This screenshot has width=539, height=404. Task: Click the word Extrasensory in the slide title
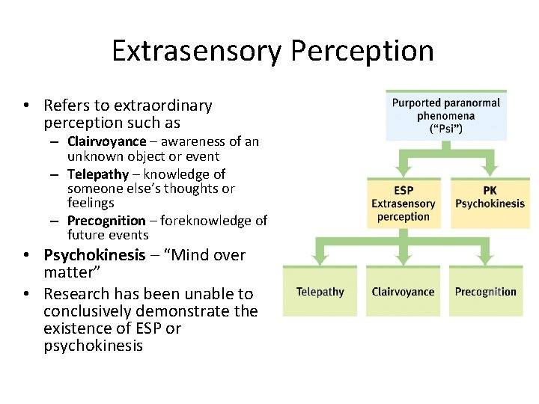click(x=197, y=51)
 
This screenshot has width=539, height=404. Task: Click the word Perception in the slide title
click(x=362, y=51)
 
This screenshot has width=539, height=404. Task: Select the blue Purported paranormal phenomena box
click(x=446, y=116)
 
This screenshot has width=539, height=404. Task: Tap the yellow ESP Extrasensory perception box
click(x=404, y=203)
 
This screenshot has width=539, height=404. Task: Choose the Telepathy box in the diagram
click(x=321, y=291)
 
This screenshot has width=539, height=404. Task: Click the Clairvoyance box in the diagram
click(x=403, y=291)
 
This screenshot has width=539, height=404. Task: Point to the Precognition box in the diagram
click(x=485, y=291)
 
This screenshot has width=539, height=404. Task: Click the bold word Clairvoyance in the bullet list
click(x=106, y=142)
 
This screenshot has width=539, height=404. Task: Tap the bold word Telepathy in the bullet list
click(x=98, y=174)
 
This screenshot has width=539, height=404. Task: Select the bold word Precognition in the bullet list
click(x=106, y=221)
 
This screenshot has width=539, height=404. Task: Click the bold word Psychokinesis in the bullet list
click(x=94, y=255)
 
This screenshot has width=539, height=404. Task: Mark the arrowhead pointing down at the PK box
click(x=490, y=169)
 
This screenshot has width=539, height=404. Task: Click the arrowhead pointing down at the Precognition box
click(x=486, y=257)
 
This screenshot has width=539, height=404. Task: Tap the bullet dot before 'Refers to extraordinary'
click(x=25, y=106)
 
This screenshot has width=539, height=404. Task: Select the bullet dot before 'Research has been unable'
click(x=25, y=294)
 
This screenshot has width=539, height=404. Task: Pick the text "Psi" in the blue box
click(x=446, y=129)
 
